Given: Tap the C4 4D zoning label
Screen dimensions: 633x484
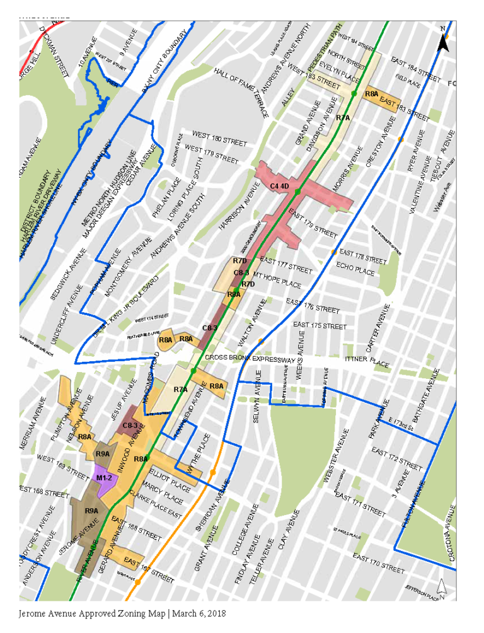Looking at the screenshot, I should (x=279, y=186).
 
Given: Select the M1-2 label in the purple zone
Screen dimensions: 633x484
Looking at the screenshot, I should (x=104, y=479).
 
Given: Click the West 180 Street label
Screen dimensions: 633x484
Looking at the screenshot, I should (x=219, y=139).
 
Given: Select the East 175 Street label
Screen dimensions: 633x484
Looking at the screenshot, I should (x=320, y=325).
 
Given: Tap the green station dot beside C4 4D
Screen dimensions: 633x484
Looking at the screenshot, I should (x=297, y=191).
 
